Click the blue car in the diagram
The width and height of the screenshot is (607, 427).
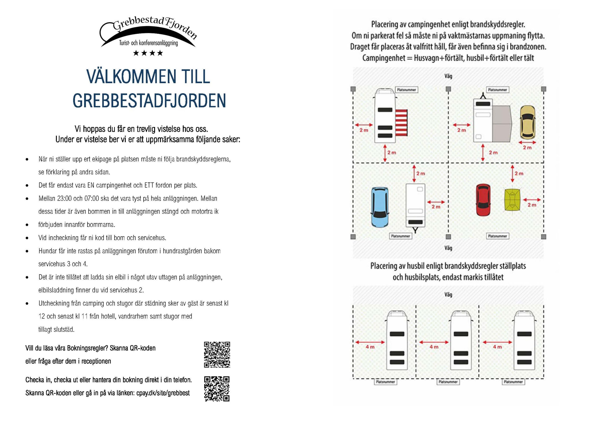(x=380, y=207)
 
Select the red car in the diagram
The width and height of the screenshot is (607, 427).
(x=483, y=200)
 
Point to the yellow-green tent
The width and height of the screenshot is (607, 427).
(x=513, y=200)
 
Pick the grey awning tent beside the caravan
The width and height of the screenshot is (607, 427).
(x=502, y=122)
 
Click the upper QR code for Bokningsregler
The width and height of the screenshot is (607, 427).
(x=217, y=354)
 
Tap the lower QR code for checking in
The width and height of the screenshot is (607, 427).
(x=217, y=389)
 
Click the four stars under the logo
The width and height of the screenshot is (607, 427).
(x=148, y=53)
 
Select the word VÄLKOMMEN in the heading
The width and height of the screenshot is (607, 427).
(x=131, y=77)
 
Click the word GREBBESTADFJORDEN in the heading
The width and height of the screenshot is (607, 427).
(x=149, y=101)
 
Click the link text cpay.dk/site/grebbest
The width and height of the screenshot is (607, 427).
(x=163, y=393)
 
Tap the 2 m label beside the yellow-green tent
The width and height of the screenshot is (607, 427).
(x=532, y=205)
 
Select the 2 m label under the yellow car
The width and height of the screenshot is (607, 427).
(x=527, y=147)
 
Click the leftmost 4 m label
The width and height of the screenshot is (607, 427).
(x=370, y=347)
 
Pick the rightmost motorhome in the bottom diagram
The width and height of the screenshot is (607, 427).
(x=524, y=341)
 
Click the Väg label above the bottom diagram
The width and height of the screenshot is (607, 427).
(x=448, y=294)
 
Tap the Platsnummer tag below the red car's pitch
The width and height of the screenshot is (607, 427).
(x=497, y=236)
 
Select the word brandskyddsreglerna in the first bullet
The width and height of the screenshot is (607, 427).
(x=203, y=159)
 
